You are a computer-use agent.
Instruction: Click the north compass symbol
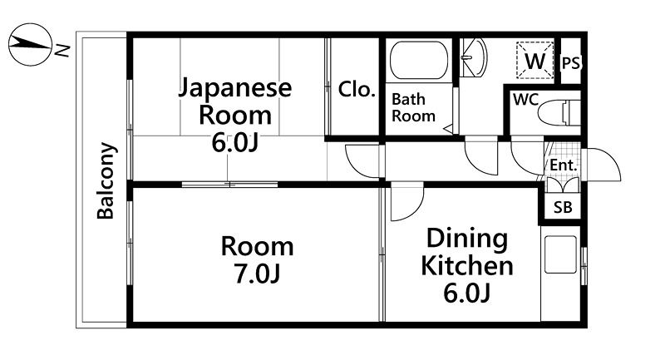pyautogui.click(x=30, y=45)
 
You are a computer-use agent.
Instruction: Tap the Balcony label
pyautogui.click(x=106, y=180)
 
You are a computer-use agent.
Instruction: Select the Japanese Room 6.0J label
pyautogui.click(x=235, y=115)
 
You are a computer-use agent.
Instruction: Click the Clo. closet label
pyautogui.click(x=357, y=90)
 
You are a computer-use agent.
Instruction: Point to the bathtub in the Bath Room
pyautogui.click(x=419, y=60)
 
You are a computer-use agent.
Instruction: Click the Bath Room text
pyautogui.click(x=413, y=107)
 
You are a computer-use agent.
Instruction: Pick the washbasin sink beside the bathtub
pyautogui.click(x=473, y=57)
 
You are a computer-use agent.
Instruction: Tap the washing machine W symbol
pyautogui.click(x=534, y=60)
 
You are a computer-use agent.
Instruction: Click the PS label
pyautogui.click(x=570, y=63)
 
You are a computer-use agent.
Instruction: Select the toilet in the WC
pyautogui.click(x=559, y=112)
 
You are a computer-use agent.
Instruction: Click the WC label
pyautogui.click(x=525, y=100)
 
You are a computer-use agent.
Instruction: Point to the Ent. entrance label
pyautogui.click(x=564, y=165)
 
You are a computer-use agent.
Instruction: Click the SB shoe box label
pyautogui.click(x=563, y=207)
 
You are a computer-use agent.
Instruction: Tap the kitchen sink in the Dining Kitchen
pyautogui.click(x=560, y=254)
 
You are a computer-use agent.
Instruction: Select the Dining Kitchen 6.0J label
pyautogui.click(x=467, y=265)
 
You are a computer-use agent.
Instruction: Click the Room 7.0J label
pyautogui.click(x=257, y=260)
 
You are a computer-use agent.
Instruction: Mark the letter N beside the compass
pyautogui.click(x=62, y=51)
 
